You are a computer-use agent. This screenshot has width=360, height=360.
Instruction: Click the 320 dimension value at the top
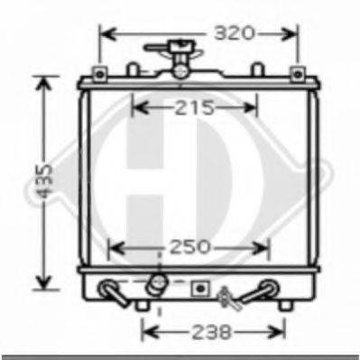coord(234,33)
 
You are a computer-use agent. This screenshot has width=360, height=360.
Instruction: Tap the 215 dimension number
coord(194,107)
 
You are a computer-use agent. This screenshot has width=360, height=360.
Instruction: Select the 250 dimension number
coord(189,247)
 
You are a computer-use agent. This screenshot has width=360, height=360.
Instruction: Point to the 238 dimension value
coord(212,332)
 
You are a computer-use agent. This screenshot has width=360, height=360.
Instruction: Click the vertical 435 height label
coord(44,181)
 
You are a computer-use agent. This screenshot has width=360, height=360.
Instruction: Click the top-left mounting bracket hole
coord(100,74)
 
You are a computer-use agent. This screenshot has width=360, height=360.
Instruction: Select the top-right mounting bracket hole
coord(298,74)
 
